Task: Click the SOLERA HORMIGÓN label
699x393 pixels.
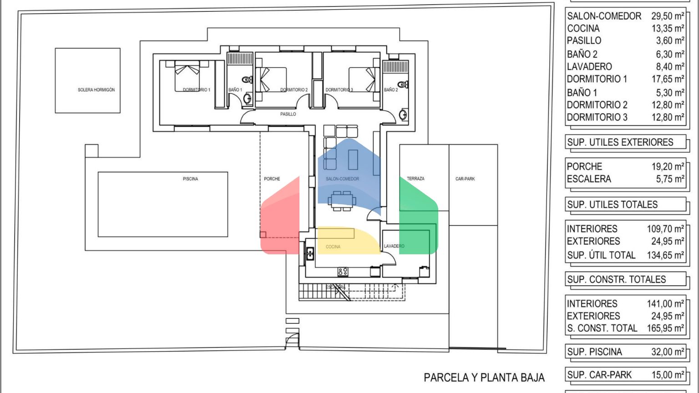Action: [x=96, y=90]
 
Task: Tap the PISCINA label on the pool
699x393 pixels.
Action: [x=190, y=179]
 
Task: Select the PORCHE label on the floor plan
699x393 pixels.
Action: [x=272, y=179]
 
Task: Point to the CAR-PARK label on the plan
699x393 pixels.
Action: [x=465, y=179]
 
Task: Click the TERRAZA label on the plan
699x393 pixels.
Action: [x=415, y=179]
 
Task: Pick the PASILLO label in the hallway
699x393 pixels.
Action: [x=288, y=114]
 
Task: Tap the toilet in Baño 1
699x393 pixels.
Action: [x=248, y=80]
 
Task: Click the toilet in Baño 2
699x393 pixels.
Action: [x=403, y=84]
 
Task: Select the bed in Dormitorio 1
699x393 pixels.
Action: [x=187, y=76]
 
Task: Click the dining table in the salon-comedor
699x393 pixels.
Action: [x=342, y=201]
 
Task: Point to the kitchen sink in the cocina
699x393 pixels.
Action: [x=310, y=253]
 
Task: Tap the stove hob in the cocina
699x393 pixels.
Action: [x=343, y=272]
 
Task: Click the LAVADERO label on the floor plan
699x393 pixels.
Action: [x=394, y=246]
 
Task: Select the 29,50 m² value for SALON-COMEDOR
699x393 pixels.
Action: [x=668, y=16]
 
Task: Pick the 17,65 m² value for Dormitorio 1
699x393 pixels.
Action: [x=668, y=79]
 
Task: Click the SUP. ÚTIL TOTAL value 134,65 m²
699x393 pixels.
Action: [x=666, y=255]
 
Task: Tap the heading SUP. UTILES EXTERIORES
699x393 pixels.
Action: [x=620, y=142]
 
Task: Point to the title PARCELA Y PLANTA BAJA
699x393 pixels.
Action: [x=484, y=378]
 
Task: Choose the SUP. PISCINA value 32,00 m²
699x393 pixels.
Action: [x=668, y=352]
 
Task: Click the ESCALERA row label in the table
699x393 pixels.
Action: [x=589, y=179]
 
